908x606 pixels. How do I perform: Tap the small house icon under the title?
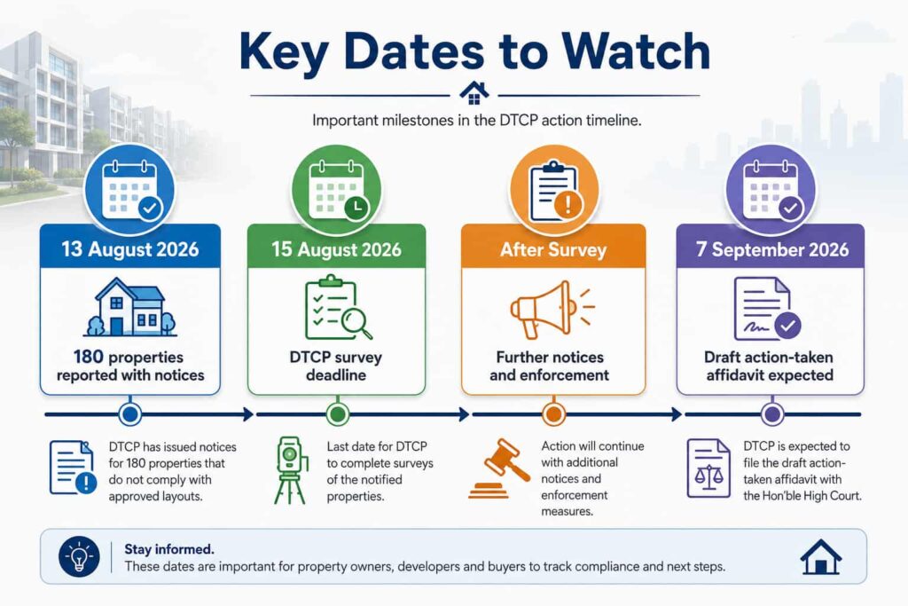474,93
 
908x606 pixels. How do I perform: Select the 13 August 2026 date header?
130,249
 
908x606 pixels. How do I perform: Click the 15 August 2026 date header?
336,249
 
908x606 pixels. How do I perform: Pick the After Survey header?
553,249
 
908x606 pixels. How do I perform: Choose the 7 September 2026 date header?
772,249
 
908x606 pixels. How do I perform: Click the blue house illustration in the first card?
129,307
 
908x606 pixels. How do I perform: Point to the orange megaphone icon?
552,310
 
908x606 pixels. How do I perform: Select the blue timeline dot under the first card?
130,414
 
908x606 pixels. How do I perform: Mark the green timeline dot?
337,414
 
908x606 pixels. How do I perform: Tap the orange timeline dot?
553,414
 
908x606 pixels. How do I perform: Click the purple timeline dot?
772,414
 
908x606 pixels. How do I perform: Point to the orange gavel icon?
498,468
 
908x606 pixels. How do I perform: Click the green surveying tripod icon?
290,470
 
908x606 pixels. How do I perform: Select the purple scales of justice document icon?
708,468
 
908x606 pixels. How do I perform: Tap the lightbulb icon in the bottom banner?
79,556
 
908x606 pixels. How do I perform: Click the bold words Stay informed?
169,548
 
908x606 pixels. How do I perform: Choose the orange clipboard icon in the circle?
554,192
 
